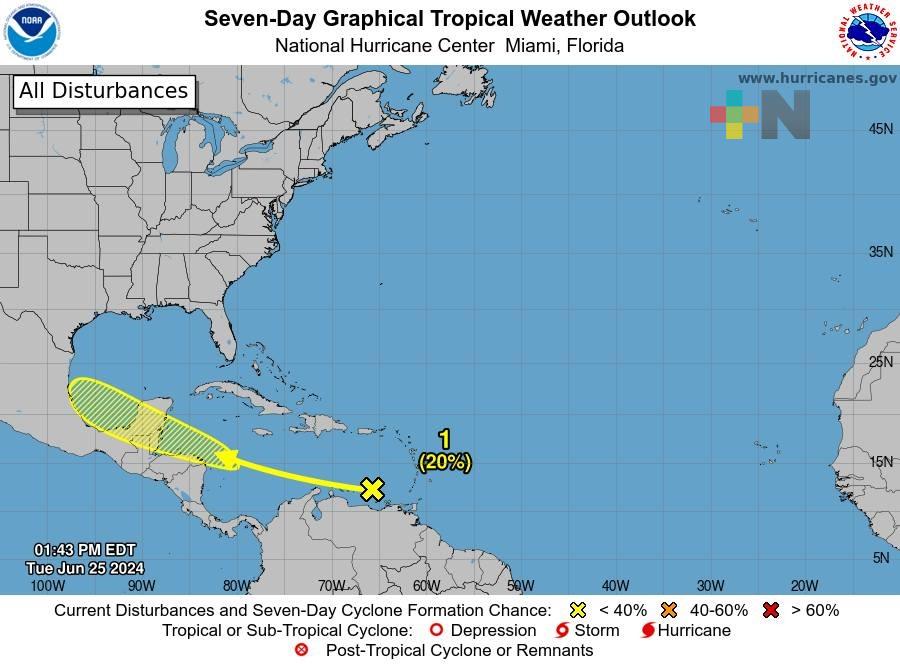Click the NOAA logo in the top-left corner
(33, 32)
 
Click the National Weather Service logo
(865, 32)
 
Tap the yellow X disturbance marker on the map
(372, 489)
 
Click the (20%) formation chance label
(445, 461)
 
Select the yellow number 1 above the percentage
(445, 439)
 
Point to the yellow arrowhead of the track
(226, 459)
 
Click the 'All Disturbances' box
(103, 91)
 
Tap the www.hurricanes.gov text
(817, 78)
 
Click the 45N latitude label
(880, 129)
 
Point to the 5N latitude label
(881, 558)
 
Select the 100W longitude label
(47, 586)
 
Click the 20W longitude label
(804, 586)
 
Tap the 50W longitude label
(520, 586)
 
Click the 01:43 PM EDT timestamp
(84, 550)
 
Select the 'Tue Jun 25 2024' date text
(84, 568)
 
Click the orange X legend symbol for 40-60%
(669, 610)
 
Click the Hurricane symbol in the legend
(648, 630)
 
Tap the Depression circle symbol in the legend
(435, 630)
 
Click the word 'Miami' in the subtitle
(533, 45)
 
